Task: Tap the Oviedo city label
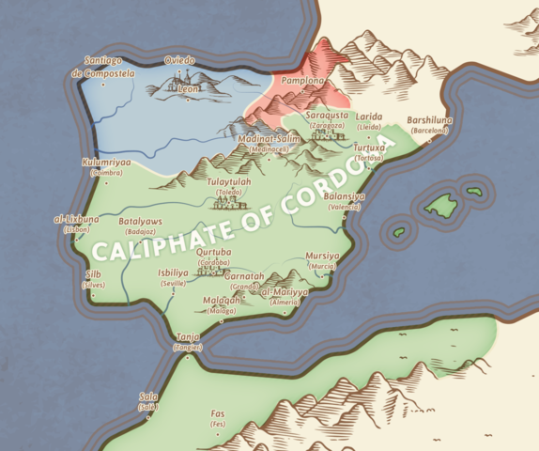coord(179,60)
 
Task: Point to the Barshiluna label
coord(429,120)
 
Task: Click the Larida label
coord(370,117)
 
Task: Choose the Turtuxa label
coord(368,148)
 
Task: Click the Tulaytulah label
coord(229,182)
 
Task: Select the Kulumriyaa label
coord(105,163)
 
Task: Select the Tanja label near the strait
coord(188,337)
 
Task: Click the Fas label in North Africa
coord(218,413)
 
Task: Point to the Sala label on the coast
coord(147,397)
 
